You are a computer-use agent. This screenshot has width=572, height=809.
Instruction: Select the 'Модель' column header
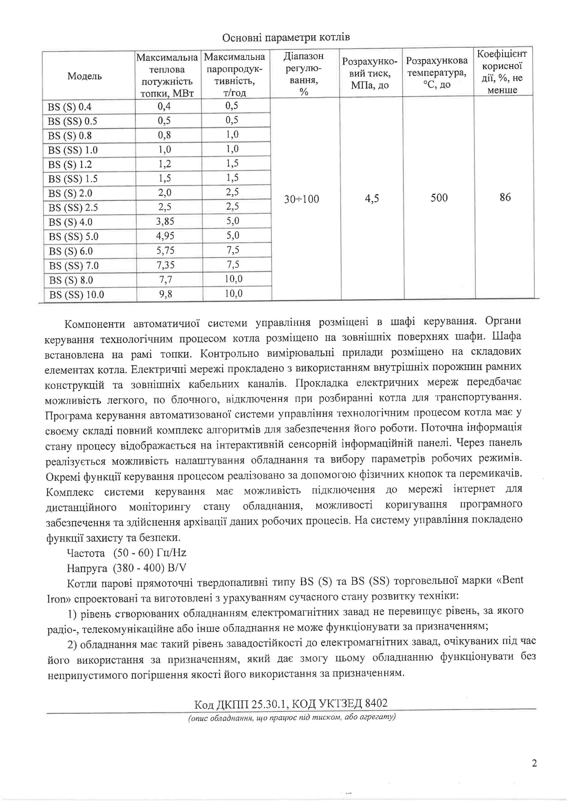point(85,76)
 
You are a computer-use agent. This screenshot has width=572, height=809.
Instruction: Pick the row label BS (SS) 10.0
point(77,295)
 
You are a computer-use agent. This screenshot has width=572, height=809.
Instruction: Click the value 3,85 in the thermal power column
point(165,221)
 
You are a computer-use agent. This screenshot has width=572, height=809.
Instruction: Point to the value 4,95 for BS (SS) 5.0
point(165,236)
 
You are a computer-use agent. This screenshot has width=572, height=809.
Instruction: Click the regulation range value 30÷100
point(301,199)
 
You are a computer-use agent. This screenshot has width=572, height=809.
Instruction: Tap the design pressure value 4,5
point(372,198)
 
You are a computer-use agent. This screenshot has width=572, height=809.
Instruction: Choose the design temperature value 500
point(439,198)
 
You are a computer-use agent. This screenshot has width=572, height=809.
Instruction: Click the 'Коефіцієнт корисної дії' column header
point(502,72)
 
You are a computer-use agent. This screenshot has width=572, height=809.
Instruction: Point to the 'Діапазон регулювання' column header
point(304,74)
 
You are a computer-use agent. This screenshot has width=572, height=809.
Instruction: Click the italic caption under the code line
point(292,717)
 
